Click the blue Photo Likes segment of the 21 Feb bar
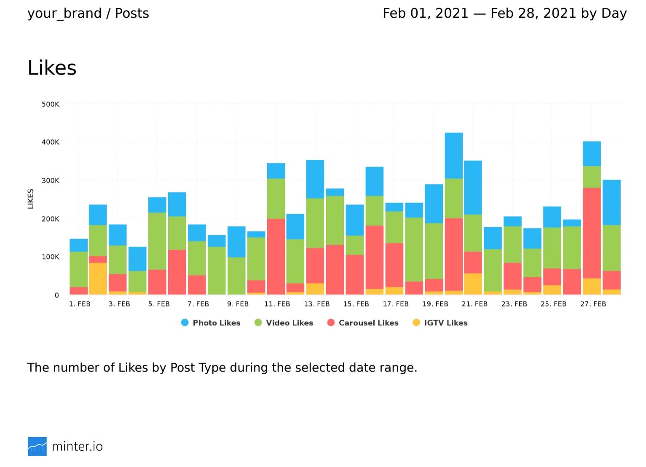pos(473,188)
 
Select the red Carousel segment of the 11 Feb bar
pos(276,256)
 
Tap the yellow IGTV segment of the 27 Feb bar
pos(592,286)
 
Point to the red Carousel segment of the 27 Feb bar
pos(592,233)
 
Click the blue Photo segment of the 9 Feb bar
pos(236,242)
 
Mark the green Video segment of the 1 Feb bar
pos(78,269)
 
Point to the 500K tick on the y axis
pos(51,104)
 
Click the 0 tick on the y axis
pos(56,295)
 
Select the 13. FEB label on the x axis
pos(316,304)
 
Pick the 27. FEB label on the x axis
pos(593,304)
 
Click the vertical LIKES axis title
pos(31,199)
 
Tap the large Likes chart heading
pos(52,68)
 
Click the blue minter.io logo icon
pos(37,446)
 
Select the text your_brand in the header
pos(64,13)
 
